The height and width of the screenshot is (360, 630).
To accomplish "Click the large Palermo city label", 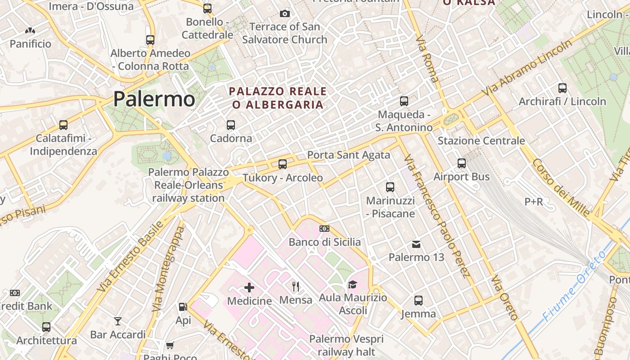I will [x=154, y=99].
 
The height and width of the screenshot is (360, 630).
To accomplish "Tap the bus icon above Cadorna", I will [x=231, y=125].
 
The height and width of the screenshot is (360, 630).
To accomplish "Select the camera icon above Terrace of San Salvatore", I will [x=284, y=13].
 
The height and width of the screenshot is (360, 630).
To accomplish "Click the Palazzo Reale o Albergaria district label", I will [x=278, y=98].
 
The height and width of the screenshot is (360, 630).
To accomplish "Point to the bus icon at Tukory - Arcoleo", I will [x=283, y=164].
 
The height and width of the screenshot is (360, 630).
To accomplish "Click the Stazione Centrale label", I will [x=481, y=141].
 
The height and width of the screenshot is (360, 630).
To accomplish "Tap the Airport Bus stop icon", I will [x=462, y=163].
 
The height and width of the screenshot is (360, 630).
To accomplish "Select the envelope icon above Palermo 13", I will [x=416, y=244].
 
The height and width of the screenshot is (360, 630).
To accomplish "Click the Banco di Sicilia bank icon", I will [x=324, y=229].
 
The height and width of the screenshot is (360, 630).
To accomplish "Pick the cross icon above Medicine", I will [x=249, y=287].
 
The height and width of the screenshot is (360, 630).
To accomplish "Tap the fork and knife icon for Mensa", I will [x=296, y=287].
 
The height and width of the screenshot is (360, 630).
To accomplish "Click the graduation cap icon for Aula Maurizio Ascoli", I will [x=352, y=284].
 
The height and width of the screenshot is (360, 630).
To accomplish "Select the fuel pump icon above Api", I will [x=183, y=307].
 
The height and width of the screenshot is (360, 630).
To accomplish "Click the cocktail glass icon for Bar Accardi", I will [x=118, y=321].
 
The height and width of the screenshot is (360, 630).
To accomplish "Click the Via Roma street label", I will [x=427, y=59].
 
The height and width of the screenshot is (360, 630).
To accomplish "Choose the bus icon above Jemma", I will [x=418, y=300].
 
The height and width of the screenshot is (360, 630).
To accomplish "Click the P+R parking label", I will [x=534, y=202].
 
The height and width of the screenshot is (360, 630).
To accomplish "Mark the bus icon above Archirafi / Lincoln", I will [x=562, y=88].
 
